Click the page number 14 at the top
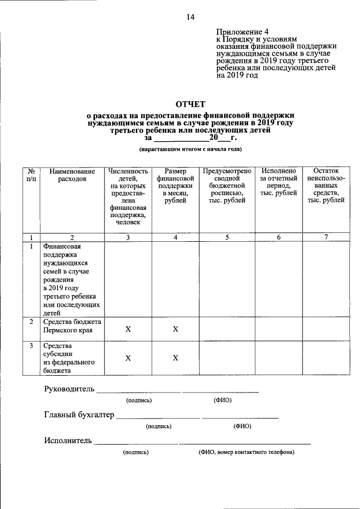point(190,17)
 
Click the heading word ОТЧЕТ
point(190,104)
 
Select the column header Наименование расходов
point(72,175)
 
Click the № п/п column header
point(31,175)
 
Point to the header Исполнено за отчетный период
point(278,182)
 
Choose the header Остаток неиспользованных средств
point(326,186)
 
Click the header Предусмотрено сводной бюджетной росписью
point(227,186)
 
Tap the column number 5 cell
point(227,237)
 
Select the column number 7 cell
point(326,237)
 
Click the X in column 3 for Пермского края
point(128,329)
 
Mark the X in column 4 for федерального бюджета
point(175,358)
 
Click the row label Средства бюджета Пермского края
point(72,326)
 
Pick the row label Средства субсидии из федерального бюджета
point(65,358)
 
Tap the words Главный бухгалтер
point(79,415)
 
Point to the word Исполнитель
point(67,440)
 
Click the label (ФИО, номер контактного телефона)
point(246,452)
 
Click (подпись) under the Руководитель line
point(139,400)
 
